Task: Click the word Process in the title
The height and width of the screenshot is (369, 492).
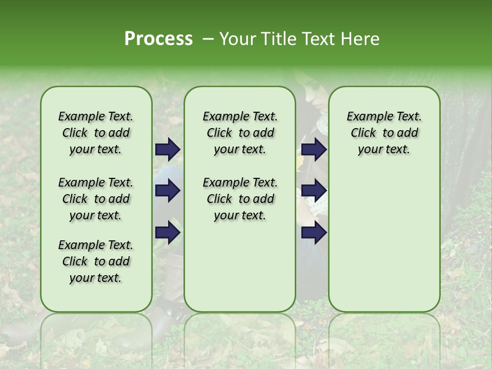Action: pos(158,39)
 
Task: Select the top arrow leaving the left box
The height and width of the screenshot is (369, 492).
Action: pos(168,150)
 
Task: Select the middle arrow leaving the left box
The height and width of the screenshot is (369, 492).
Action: pos(168,191)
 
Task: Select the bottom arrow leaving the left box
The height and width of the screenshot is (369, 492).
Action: pos(168,232)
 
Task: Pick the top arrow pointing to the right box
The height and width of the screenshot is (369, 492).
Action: pos(314,150)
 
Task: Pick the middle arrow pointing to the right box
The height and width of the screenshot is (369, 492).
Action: pos(314,191)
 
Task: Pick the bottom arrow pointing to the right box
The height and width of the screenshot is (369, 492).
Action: pos(314,232)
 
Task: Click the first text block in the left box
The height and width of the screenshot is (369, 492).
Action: pos(96,133)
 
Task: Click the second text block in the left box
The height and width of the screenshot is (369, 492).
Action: pos(96,199)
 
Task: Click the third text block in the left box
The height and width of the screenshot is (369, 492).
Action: pos(96,261)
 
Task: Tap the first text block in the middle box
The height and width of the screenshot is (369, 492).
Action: pos(240,133)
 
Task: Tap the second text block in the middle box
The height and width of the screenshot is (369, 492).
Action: pos(240,199)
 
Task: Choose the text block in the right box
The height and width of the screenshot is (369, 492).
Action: pos(384,133)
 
